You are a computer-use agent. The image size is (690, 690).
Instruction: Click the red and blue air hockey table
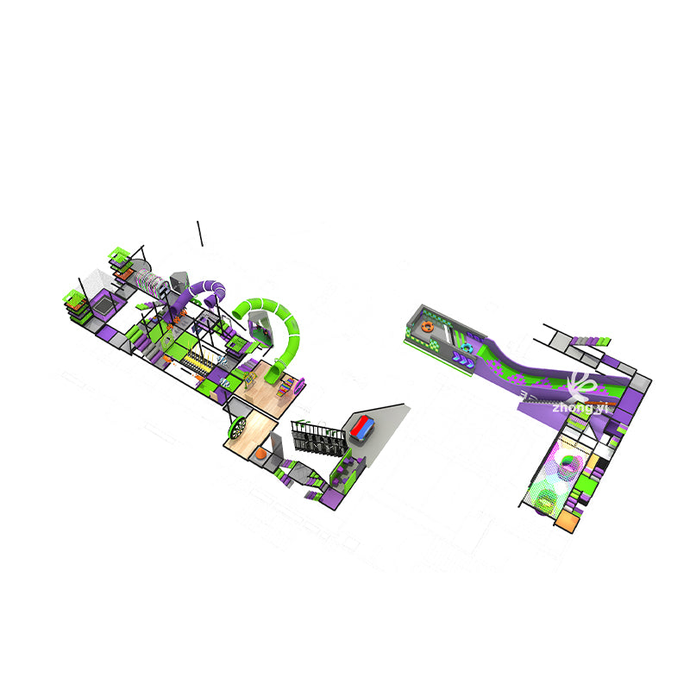[x=362, y=426]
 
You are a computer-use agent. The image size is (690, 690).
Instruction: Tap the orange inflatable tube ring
[x=426, y=327]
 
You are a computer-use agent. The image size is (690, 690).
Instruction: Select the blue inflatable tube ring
[x=467, y=348]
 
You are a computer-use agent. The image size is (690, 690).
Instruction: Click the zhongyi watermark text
[x=580, y=408]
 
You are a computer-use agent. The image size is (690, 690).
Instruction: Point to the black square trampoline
[x=103, y=304]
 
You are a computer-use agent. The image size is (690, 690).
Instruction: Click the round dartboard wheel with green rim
[x=237, y=427]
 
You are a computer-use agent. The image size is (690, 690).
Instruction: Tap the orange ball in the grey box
[x=261, y=454]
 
